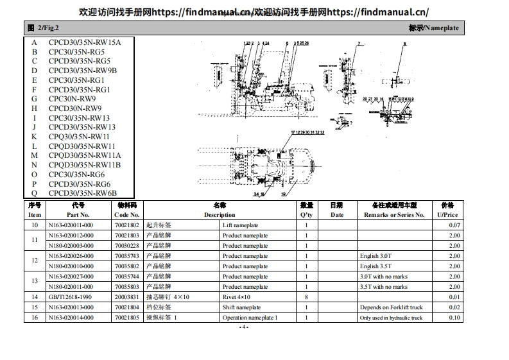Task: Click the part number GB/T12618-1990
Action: [70, 297]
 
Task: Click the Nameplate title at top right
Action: [433, 28]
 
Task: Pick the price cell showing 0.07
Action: [454, 225]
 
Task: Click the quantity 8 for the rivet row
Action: [306, 297]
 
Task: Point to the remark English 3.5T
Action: [375, 266]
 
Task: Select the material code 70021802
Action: [126, 225]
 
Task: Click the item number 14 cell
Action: [35, 297]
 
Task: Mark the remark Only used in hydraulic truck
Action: [391, 318]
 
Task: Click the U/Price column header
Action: [447, 215]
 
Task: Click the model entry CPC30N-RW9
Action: [72, 99]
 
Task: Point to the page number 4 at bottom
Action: [243, 327]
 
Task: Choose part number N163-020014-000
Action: [71, 318]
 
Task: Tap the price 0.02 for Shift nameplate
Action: [454, 307]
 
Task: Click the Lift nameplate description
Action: [240, 225]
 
